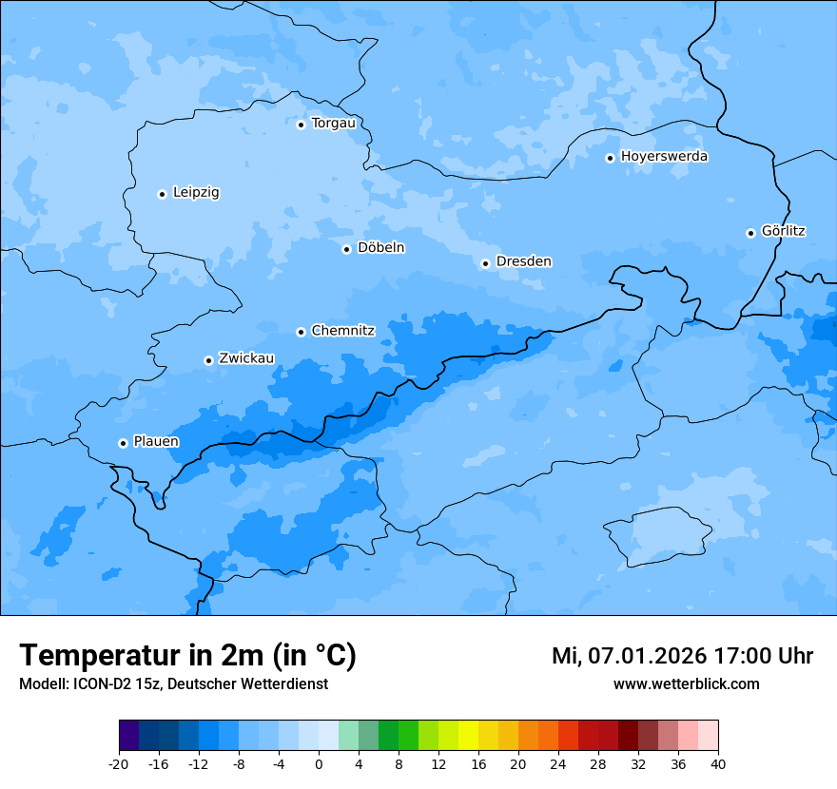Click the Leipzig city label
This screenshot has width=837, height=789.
click(x=196, y=193)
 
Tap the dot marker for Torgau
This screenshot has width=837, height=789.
click(x=301, y=125)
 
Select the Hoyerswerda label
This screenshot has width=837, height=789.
click(x=664, y=157)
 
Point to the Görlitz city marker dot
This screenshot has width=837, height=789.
click(x=750, y=233)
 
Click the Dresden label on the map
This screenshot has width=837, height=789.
click(x=523, y=261)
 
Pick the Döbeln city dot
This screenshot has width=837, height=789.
click(x=346, y=249)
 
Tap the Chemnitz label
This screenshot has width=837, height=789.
click(x=342, y=331)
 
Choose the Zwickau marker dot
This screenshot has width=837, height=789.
click(x=208, y=360)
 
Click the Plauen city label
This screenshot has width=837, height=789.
click(x=156, y=442)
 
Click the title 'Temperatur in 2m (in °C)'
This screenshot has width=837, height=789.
click(x=187, y=656)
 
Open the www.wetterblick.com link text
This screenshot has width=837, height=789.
click(x=686, y=684)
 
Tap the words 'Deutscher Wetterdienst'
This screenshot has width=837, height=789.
click(x=255, y=684)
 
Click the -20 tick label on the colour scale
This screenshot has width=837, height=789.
click(x=118, y=764)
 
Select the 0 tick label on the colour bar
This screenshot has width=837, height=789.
click(x=319, y=764)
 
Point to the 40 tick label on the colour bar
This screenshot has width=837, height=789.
click(x=717, y=764)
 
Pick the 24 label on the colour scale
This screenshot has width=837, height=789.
click(x=558, y=764)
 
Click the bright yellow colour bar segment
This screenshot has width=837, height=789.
click(x=468, y=736)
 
